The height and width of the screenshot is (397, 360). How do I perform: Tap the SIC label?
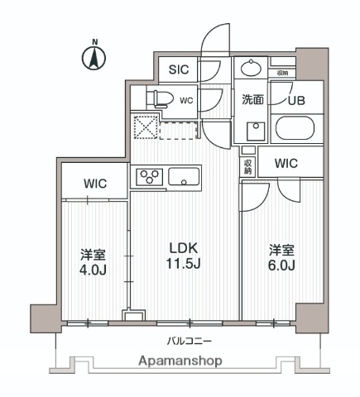(179, 70)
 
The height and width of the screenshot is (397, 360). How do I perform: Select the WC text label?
(186, 101)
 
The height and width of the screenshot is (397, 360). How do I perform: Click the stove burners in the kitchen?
(149, 175)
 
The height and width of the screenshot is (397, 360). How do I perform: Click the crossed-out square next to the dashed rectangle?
(146, 129)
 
